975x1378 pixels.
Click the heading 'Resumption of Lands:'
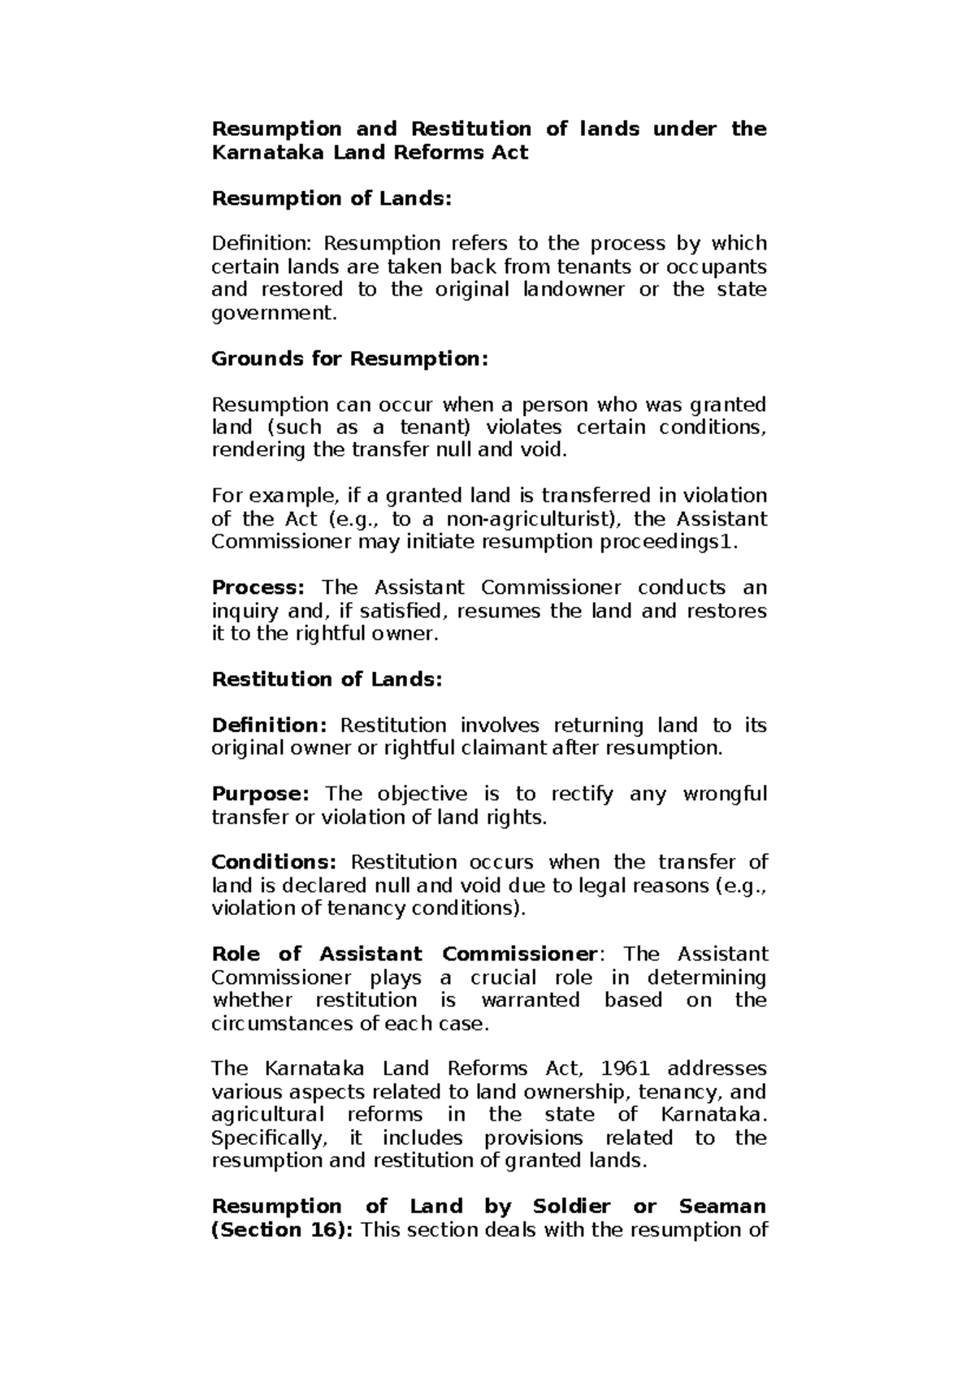(331, 198)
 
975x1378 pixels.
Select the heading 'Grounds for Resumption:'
(349, 358)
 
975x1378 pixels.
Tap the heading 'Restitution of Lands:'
(327, 679)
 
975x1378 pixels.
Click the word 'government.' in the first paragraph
(272, 313)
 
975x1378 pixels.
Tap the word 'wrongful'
(725, 793)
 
